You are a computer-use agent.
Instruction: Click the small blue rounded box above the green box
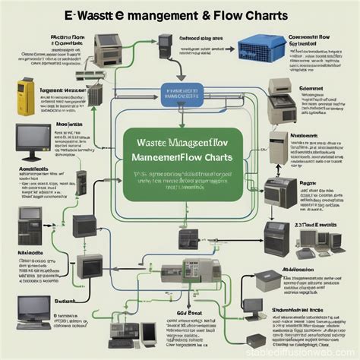pos(183,94)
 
